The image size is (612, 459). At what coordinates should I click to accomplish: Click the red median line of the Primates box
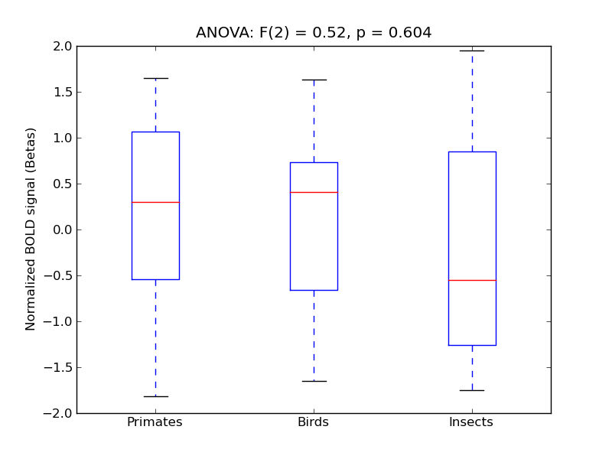155,202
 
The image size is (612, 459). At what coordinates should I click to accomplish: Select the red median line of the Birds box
314,192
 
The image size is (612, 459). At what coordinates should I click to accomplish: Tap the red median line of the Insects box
472,280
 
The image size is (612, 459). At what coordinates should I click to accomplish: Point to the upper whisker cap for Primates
155,78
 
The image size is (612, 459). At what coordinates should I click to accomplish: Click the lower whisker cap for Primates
155,396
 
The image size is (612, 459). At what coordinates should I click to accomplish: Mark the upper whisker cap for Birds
314,80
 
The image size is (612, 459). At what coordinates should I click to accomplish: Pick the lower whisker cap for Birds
314,381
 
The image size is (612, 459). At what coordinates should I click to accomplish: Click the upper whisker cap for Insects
472,50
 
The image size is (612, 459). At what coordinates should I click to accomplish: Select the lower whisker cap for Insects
472,390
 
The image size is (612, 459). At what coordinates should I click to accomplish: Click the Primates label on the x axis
155,422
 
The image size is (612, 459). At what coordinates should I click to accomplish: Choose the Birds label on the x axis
313,422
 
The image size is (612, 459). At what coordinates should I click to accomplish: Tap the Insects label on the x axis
471,422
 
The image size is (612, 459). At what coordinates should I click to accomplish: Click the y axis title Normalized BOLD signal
31,229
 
